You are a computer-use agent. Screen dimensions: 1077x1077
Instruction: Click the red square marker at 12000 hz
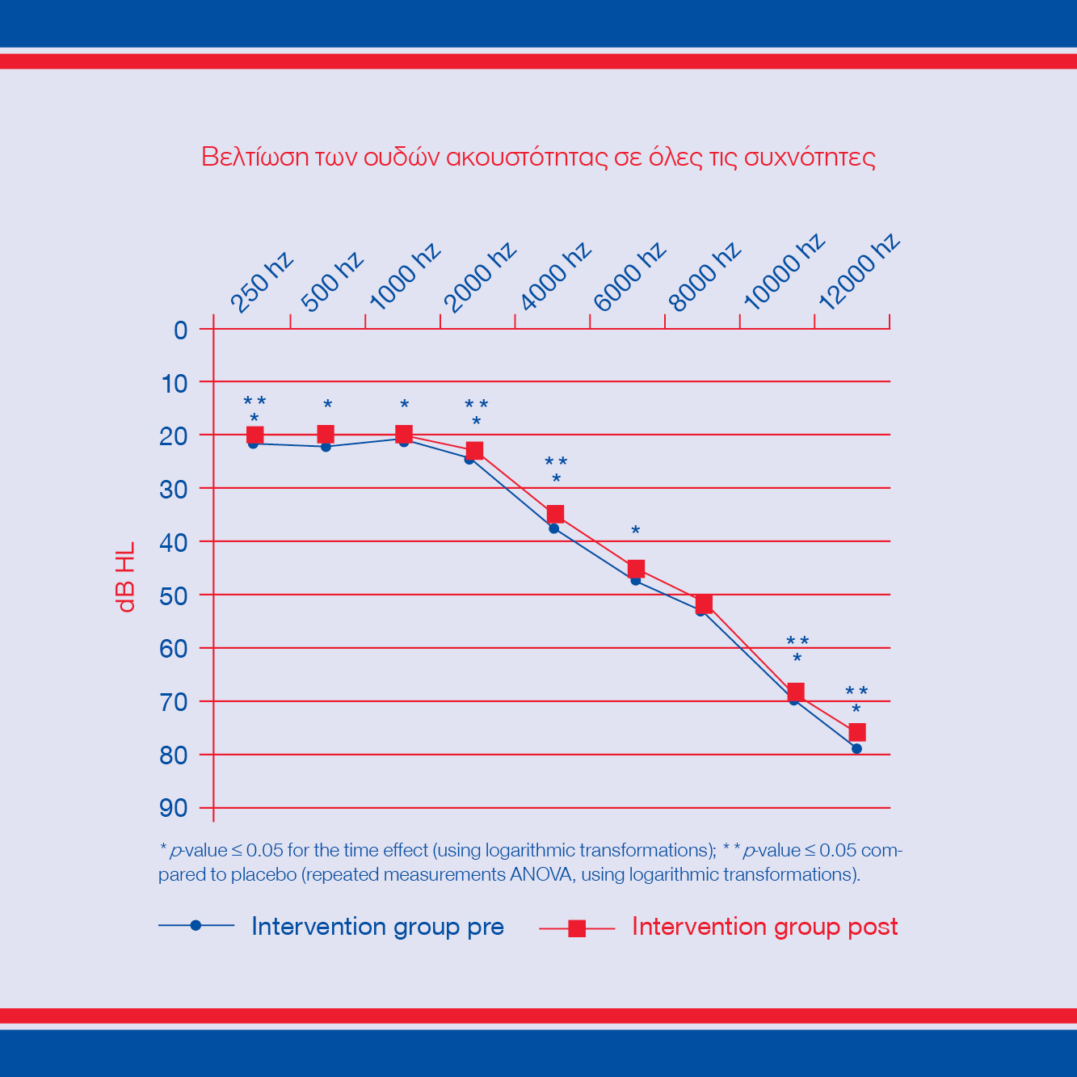tap(857, 732)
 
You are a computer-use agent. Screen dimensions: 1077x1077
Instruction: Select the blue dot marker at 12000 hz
tap(856, 749)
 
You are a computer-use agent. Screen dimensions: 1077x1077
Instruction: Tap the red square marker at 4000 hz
tap(555, 514)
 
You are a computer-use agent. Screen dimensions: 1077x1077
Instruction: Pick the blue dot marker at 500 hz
tap(326, 447)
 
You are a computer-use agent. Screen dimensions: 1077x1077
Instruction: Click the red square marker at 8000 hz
tap(704, 604)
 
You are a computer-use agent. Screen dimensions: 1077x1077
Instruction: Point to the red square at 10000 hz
tap(796, 692)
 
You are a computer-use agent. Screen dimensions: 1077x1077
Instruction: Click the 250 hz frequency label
tap(261, 283)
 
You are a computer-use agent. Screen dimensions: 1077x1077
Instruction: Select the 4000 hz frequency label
tap(555, 276)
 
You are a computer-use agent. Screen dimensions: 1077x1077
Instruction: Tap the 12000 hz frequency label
tap(859, 272)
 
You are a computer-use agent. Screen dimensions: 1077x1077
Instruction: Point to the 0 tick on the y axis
tap(180, 330)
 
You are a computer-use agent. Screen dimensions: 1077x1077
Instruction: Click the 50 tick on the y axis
tap(174, 595)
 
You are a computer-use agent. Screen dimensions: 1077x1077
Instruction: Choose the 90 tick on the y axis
tap(174, 808)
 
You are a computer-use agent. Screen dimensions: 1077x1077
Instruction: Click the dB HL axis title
tap(125, 577)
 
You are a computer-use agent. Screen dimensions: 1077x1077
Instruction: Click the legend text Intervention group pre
tap(377, 926)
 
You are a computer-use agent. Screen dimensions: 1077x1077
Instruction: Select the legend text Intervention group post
tap(764, 926)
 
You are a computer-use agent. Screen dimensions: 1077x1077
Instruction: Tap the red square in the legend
tap(577, 928)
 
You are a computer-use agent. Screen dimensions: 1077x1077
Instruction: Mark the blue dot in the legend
tap(196, 926)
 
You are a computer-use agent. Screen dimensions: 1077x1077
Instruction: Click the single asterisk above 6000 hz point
tap(636, 531)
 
